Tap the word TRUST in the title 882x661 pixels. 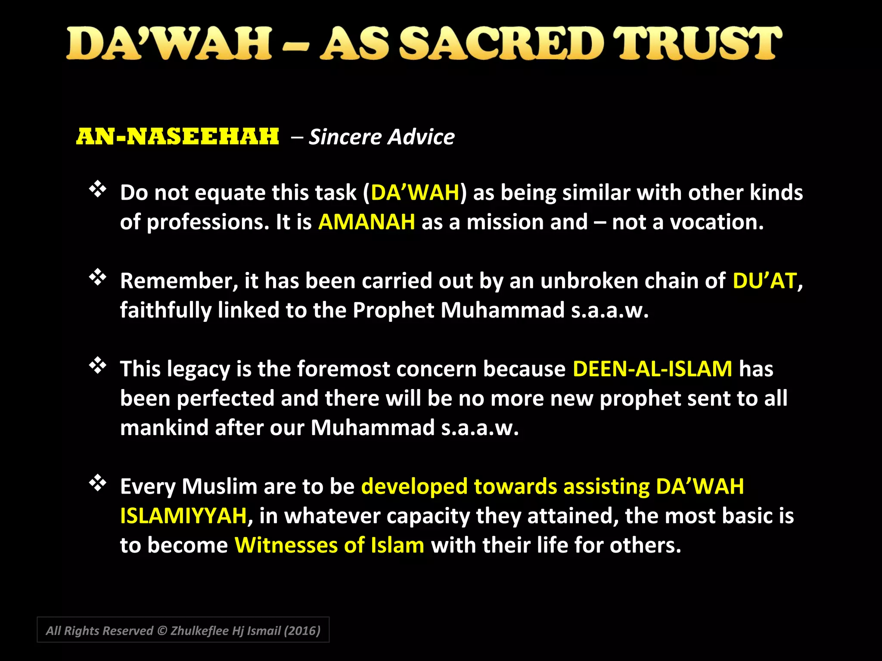tap(697, 43)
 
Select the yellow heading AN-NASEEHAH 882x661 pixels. tap(177, 137)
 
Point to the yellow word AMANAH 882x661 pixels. tap(366, 222)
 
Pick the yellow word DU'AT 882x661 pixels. tap(764, 281)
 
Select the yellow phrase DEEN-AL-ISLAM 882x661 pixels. tap(652, 369)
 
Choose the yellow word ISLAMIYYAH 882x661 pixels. tap(183, 516)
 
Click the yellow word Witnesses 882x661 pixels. tap(286, 545)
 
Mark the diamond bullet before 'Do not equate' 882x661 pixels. tap(98, 189)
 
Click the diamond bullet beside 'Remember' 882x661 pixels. tap(98, 278)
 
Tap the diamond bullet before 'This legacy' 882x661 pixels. tap(98, 366)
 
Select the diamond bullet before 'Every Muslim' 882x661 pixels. tap(98, 483)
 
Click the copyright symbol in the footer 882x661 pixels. tap(162, 631)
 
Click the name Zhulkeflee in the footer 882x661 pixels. tap(199, 631)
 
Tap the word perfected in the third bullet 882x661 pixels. tap(226, 398)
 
